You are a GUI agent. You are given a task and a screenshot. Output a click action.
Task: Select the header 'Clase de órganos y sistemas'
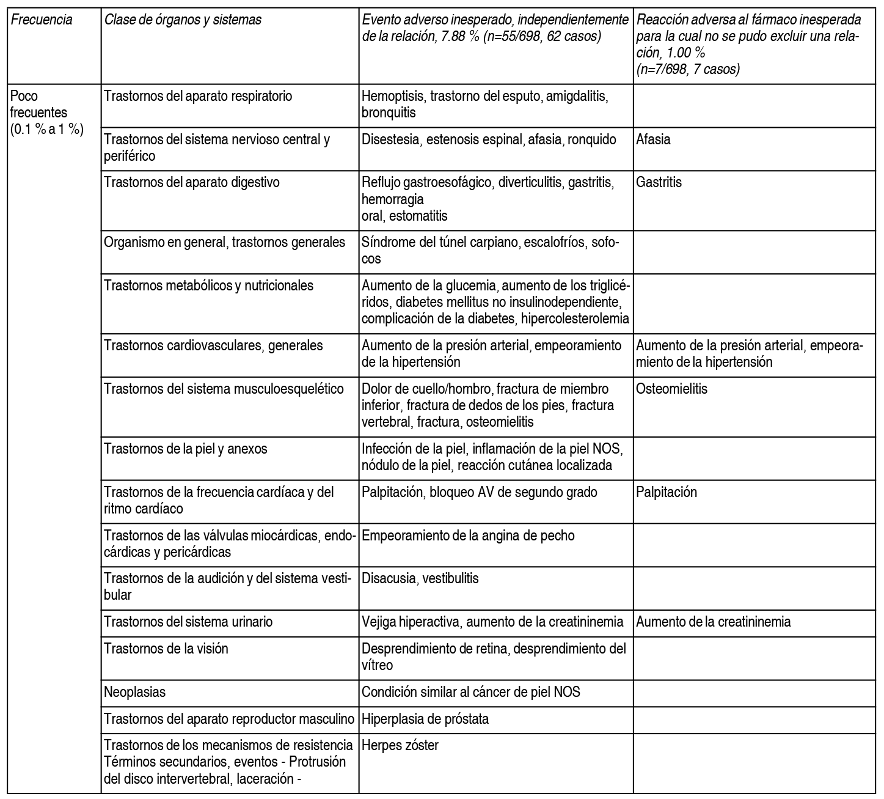point(183,20)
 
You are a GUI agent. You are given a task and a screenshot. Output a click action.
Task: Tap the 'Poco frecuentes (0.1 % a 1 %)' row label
point(46,113)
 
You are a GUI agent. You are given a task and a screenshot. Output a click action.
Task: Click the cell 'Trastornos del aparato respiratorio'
point(198,97)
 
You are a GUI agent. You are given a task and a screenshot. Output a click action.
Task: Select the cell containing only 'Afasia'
point(653,139)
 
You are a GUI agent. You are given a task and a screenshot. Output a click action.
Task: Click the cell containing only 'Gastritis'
point(659,182)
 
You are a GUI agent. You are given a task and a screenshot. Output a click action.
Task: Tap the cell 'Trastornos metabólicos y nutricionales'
point(208,285)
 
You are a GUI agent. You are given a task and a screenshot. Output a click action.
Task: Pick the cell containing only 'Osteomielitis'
point(671,389)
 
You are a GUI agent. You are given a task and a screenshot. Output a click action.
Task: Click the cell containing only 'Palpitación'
point(666,492)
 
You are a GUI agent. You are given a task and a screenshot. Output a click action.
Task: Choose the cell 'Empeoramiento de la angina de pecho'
point(468,536)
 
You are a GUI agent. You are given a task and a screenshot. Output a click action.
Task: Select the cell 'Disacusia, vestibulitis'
point(420,578)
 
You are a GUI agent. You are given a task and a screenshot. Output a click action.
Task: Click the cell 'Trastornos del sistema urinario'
point(188,622)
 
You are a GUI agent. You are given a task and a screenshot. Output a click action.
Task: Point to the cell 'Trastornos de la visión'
point(166,649)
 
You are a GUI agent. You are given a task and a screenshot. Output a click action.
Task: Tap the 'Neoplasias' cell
point(135,692)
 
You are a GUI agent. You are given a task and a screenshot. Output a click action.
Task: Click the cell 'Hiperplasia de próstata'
point(425,719)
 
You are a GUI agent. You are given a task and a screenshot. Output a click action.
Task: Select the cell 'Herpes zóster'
point(400,745)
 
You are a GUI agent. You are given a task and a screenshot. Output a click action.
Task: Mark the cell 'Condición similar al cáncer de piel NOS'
point(471,692)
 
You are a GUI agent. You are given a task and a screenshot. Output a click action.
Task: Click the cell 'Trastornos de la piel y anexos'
point(186,449)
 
